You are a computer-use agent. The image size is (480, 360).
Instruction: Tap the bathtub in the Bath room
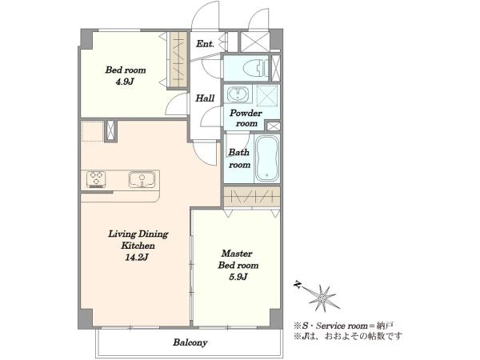coord(267,158)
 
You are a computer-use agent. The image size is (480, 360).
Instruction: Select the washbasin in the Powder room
coord(238,94)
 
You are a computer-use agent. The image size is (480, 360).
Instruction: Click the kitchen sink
coord(142,179)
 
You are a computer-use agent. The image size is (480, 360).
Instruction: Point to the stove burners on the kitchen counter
coord(96,179)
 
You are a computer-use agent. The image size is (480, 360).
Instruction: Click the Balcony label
coord(190,342)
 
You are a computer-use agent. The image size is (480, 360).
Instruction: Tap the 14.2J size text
coord(137,257)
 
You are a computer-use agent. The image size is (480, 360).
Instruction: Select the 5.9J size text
coord(238,277)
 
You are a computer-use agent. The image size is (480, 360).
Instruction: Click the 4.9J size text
coord(125,82)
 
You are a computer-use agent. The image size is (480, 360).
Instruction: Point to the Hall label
coord(205,98)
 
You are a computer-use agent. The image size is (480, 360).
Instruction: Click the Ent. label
coord(205,44)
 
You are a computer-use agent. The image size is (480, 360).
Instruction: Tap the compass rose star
coord(323,298)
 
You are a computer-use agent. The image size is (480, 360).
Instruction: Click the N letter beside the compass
coord(297,285)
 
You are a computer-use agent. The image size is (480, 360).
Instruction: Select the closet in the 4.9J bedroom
coord(178,60)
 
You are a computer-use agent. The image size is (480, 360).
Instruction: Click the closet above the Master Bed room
coord(252,196)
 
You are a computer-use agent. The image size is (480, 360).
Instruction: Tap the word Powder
coord(246,113)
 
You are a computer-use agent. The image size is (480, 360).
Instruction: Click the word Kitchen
coord(138,246)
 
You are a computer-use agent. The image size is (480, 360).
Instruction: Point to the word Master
coord(237,254)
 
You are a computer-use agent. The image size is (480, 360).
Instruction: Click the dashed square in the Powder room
coord(267,95)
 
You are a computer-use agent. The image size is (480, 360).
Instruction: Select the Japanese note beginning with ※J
coord(347,337)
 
